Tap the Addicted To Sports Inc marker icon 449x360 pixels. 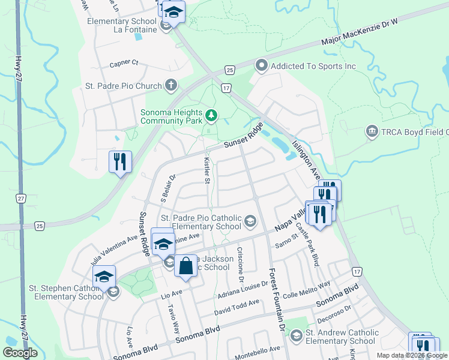click(261, 66)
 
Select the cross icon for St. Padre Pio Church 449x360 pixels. click(171, 85)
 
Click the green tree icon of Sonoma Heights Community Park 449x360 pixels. click(211, 115)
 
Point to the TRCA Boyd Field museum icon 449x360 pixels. click(372, 131)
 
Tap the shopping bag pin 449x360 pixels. click(186, 265)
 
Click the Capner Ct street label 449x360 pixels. click(124, 63)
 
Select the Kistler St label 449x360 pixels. click(206, 171)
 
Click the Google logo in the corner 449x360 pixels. click(20, 353)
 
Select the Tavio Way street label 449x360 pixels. click(173, 319)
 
